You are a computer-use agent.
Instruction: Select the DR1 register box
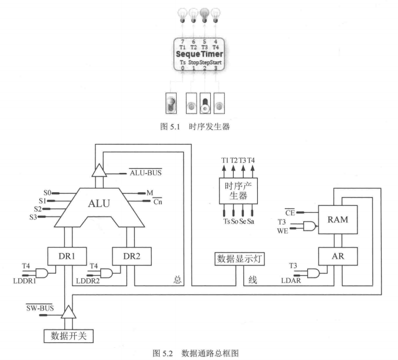tap(66, 256)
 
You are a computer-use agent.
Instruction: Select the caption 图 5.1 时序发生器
tap(198, 126)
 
